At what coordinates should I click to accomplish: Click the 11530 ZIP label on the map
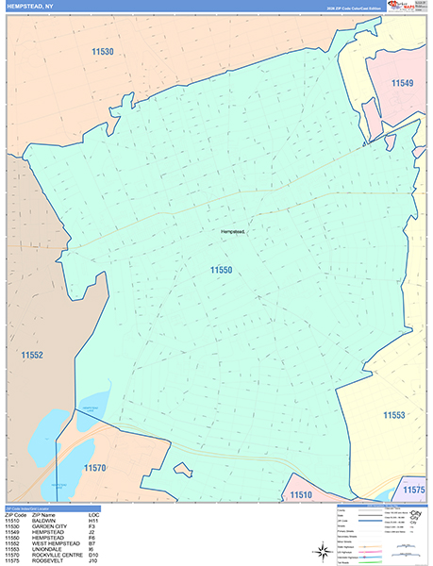[x=103, y=52]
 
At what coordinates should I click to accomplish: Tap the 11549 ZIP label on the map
[x=403, y=84]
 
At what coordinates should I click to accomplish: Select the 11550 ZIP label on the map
[x=222, y=270]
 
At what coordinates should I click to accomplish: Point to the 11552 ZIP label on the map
[x=32, y=356]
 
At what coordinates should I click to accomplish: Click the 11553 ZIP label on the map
[x=394, y=415]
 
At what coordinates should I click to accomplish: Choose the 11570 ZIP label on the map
[x=95, y=468]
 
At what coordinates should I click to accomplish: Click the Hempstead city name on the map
[x=232, y=231]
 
